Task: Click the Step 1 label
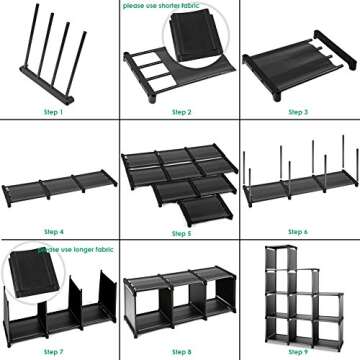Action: [x=54, y=112]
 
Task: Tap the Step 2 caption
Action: [x=181, y=112]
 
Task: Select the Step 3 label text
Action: [x=298, y=112]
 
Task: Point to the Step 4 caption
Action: [x=54, y=232]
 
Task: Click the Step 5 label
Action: [x=181, y=232]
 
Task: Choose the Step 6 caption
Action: [x=298, y=232]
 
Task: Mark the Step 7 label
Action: [x=54, y=352]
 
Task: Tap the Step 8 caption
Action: [x=181, y=352]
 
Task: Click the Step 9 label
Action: [x=298, y=352]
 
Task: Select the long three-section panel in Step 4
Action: [x=55, y=188]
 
